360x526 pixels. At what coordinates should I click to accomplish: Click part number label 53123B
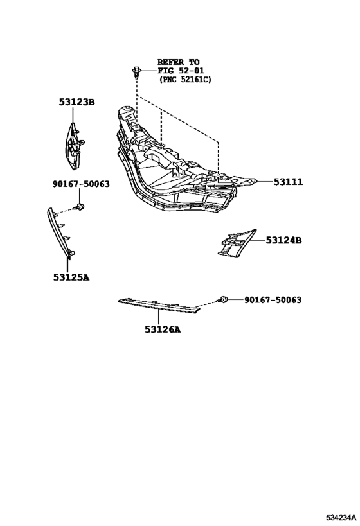[77, 101]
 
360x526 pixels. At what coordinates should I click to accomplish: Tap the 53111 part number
[288, 182]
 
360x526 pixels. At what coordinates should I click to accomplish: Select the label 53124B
[283, 240]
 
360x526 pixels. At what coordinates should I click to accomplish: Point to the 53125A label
[71, 277]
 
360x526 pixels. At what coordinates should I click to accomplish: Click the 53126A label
[163, 329]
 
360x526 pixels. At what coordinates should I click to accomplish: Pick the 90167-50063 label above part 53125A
[81, 184]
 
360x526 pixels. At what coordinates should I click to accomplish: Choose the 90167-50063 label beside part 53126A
[273, 299]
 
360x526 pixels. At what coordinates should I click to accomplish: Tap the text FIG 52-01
[181, 71]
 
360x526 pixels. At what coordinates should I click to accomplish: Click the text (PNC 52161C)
[185, 80]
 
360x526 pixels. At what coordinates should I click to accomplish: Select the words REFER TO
[178, 62]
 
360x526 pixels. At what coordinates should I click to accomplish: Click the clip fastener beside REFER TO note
[136, 72]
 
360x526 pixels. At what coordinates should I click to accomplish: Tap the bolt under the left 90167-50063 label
[80, 206]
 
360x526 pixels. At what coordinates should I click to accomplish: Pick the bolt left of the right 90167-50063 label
[224, 299]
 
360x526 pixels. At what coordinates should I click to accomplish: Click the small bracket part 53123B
[75, 146]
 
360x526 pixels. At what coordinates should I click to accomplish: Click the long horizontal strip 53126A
[159, 306]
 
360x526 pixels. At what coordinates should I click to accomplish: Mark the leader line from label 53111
[264, 182]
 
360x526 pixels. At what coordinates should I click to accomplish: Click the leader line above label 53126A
[158, 317]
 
